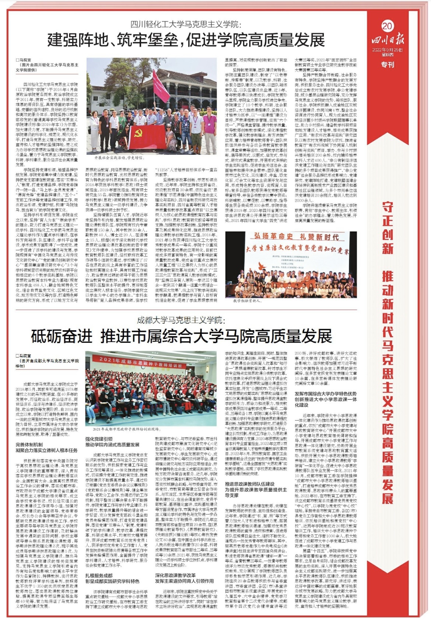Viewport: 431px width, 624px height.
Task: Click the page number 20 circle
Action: tap(387, 26)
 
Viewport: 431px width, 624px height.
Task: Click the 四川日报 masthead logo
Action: tap(387, 39)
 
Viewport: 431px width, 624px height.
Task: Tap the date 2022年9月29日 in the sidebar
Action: tap(387, 50)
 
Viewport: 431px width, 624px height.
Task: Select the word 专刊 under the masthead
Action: tap(387, 65)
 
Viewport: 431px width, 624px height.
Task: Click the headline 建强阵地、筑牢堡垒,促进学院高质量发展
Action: tap(186, 40)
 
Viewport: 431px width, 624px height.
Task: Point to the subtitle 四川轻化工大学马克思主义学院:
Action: tap(186, 25)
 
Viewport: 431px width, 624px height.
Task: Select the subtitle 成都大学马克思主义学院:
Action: tap(181, 320)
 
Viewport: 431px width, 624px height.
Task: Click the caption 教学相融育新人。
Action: tap(247, 301)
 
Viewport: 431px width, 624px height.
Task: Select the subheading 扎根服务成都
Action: tap(99, 575)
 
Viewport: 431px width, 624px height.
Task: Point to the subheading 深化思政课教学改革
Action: tap(175, 575)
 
